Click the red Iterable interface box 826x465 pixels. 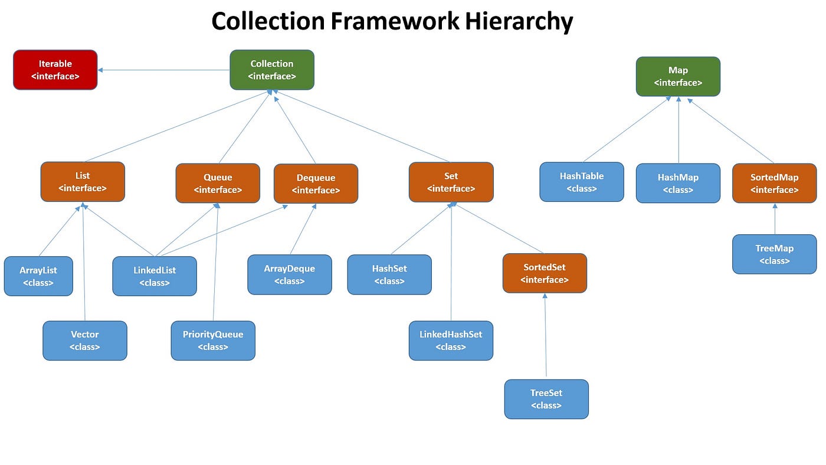coord(55,70)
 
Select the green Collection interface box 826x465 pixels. coord(272,70)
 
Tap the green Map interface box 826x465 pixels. coord(678,76)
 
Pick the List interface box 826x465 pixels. coord(83,182)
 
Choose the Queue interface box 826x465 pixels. coord(218,184)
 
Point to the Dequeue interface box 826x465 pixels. coord(316,184)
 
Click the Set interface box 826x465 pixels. coord(451,182)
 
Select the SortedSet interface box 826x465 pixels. coord(545,273)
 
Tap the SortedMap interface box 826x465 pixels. coord(774,184)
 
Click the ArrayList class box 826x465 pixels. coord(38,276)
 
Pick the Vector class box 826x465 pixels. coord(84,340)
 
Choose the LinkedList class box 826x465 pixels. coord(155,276)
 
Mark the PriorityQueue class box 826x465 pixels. coord(213,340)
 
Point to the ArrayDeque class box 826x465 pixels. coord(289,274)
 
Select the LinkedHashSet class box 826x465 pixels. coord(451,340)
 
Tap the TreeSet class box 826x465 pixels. coord(546,399)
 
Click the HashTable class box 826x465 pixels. coord(582,182)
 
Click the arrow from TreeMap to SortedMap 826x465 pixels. coord(775,219)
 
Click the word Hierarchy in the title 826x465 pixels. coord(519,22)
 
